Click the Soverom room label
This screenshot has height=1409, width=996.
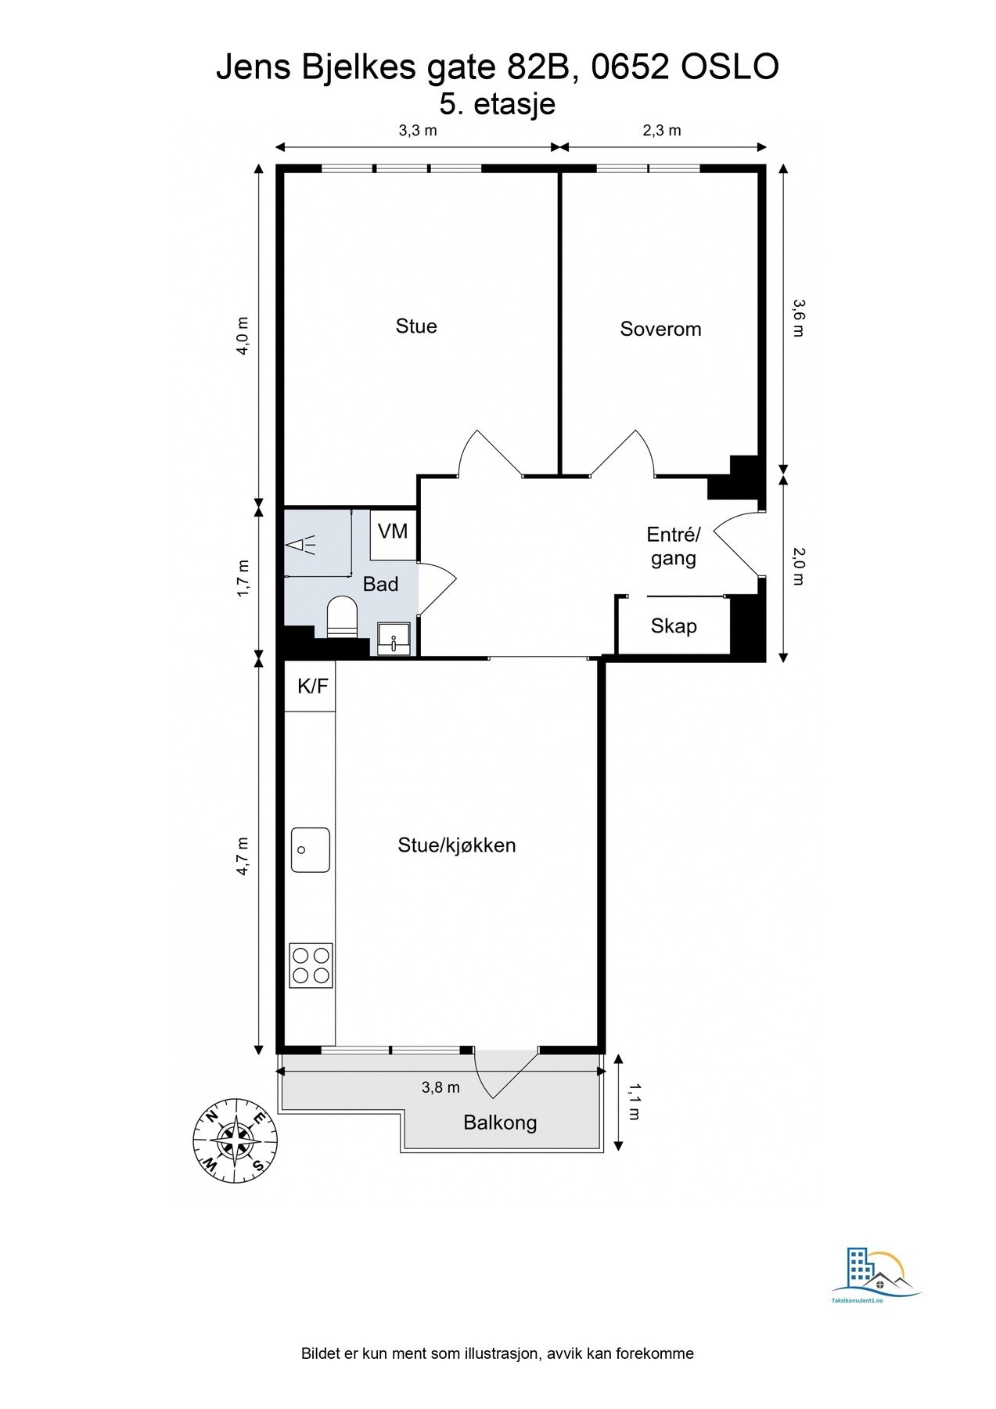660,329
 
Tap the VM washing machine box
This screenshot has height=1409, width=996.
393,535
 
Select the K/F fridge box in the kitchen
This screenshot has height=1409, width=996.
310,686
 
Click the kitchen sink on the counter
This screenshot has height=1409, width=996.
311,850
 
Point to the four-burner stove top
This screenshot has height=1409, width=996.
311,965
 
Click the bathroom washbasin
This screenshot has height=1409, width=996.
394,638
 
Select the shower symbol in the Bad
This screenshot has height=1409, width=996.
300,545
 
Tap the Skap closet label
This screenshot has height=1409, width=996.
674,626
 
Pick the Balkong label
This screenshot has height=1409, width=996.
500,1123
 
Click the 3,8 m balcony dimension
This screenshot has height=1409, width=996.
440,1087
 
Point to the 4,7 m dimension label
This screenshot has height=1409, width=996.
243,856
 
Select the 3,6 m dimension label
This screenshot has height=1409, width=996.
797,318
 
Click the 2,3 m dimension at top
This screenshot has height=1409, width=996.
662,130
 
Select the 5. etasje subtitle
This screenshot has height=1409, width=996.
498,104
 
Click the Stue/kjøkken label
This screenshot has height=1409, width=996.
457,845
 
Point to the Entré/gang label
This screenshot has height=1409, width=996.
674,546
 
